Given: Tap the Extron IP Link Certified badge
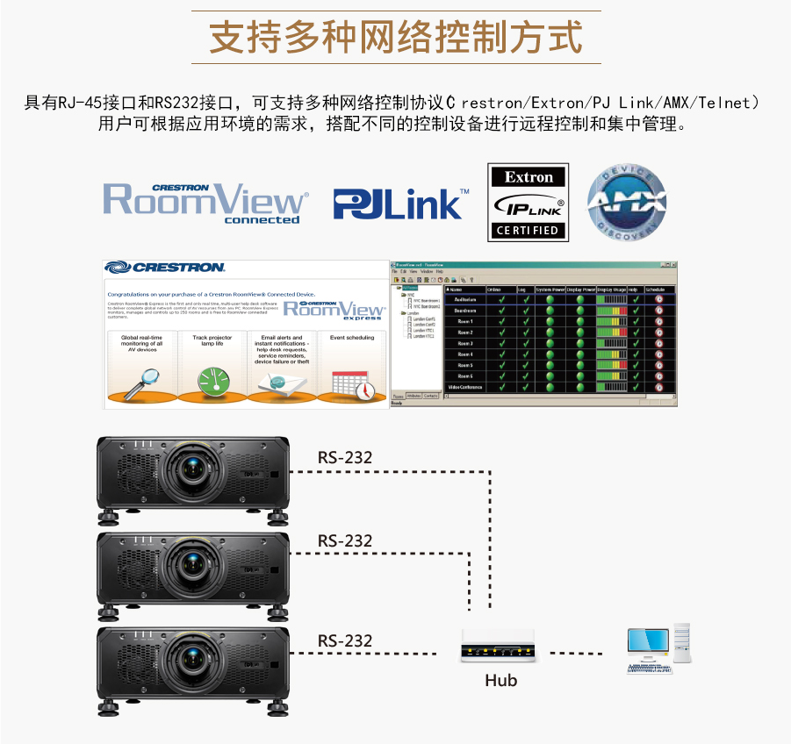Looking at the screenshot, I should pyautogui.click(x=528, y=202).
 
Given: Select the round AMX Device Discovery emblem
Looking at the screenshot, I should pyautogui.click(x=626, y=203).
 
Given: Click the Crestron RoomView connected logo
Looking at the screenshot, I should pyautogui.click(x=206, y=202).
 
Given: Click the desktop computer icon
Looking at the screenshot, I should pyautogui.click(x=658, y=648).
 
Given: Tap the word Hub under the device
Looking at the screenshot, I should pyautogui.click(x=501, y=680).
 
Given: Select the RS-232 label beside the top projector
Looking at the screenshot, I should pyautogui.click(x=345, y=457).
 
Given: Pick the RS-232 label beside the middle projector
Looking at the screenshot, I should pyautogui.click(x=345, y=540).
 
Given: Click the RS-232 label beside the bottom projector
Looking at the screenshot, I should pyautogui.click(x=345, y=641).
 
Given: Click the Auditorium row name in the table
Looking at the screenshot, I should pyautogui.click(x=465, y=299).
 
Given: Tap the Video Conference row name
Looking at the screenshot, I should pyautogui.click(x=465, y=387).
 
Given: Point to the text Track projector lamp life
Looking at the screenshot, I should pyautogui.click(x=212, y=340).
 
